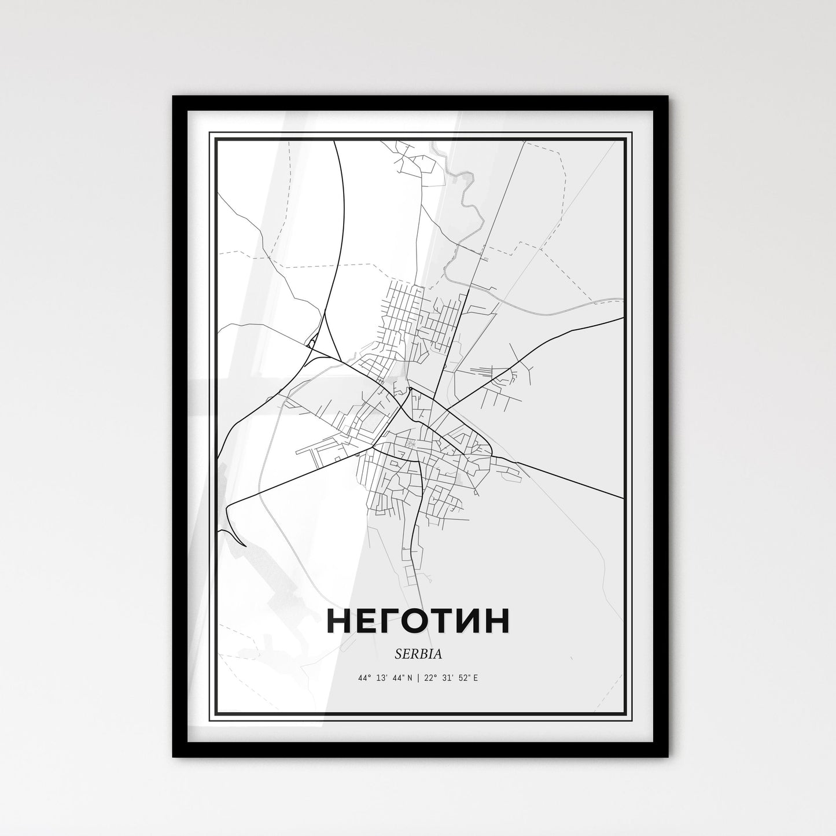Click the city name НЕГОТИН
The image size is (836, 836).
click(x=418, y=621)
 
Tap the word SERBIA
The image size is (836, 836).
click(x=418, y=654)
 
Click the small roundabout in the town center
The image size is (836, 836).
click(x=410, y=389)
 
